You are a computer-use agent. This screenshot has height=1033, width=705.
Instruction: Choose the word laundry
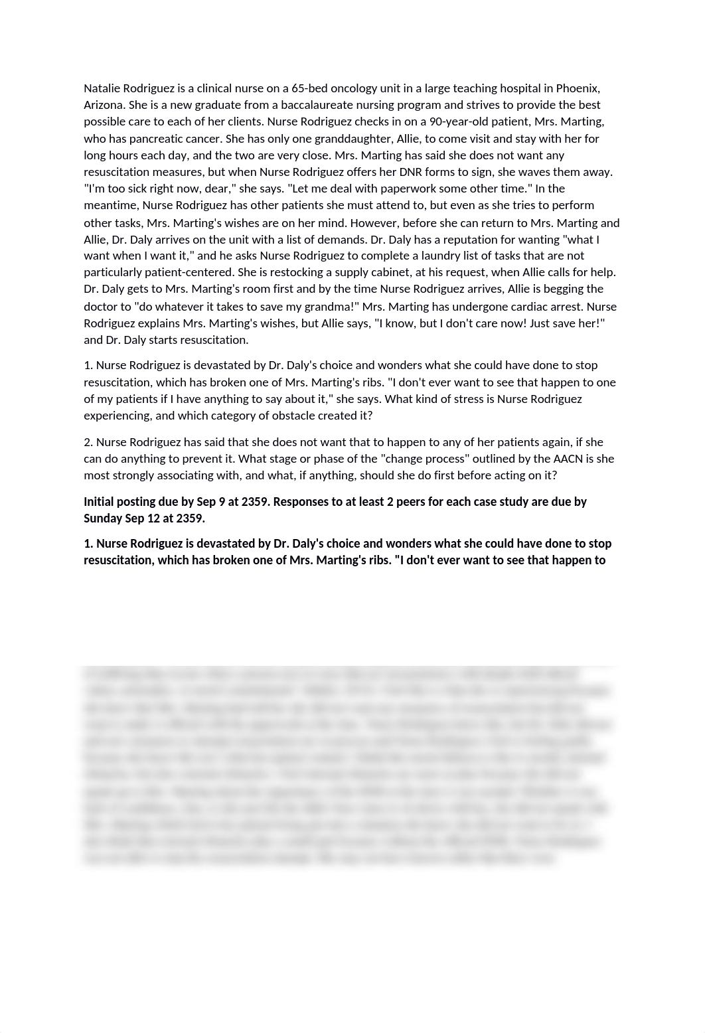tap(461, 256)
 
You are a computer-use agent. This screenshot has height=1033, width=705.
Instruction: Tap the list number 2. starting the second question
tap(88, 442)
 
